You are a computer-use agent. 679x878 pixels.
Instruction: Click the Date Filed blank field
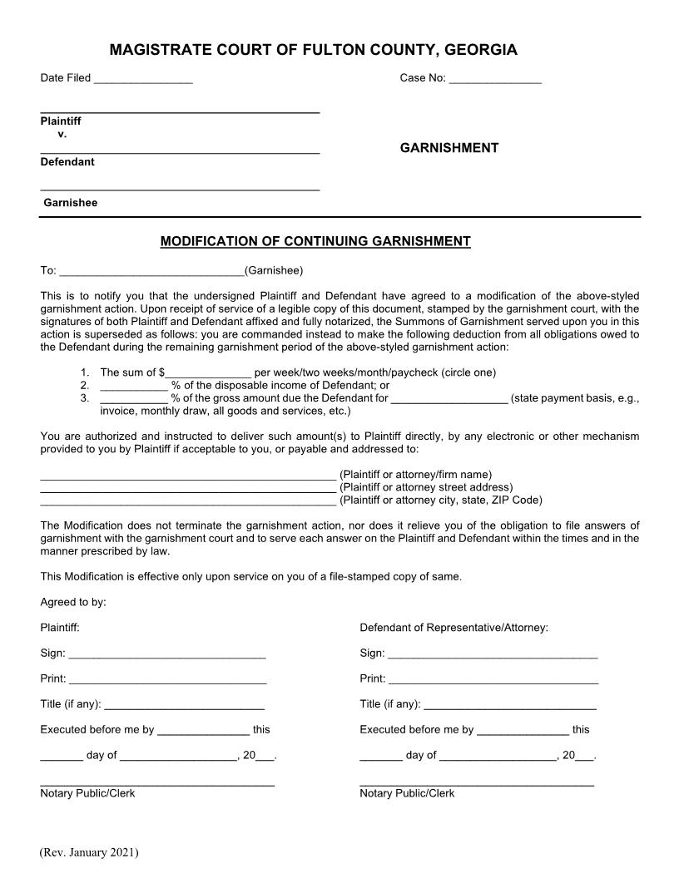pyautogui.click(x=143, y=79)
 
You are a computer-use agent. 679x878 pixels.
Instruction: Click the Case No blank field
pyautogui.click(x=495, y=79)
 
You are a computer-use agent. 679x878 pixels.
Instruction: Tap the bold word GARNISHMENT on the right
pyautogui.click(x=449, y=148)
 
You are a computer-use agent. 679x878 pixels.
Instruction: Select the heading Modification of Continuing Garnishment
pyautogui.click(x=315, y=242)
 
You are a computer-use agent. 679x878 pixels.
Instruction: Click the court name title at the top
pyautogui.click(x=313, y=51)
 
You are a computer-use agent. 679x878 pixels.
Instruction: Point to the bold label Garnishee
pyautogui.click(x=71, y=203)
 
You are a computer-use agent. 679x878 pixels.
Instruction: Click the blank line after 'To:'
pyautogui.click(x=152, y=271)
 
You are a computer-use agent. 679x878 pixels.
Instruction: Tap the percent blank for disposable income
pyautogui.click(x=133, y=386)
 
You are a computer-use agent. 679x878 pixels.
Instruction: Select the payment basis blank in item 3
pyautogui.click(x=449, y=399)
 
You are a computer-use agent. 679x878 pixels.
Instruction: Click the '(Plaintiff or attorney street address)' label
pyautogui.click(x=426, y=487)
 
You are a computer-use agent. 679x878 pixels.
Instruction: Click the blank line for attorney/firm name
pyautogui.click(x=188, y=476)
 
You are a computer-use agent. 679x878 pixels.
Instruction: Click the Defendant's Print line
pyautogui.click(x=493, y=680)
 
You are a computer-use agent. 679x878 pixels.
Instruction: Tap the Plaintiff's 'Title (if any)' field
pyautogui.click(x=184, y=705)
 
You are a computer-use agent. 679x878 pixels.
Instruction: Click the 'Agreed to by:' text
pyautogui.click(x=73, y=602)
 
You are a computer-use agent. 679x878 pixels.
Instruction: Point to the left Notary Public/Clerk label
pyautogui.click(x=87, y=794)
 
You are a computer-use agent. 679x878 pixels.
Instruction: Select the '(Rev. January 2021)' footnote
pyautogui.click(x=89, y=853)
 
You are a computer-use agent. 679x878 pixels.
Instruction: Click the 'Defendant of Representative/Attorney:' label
pyautogui.click(x=453, y=628)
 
